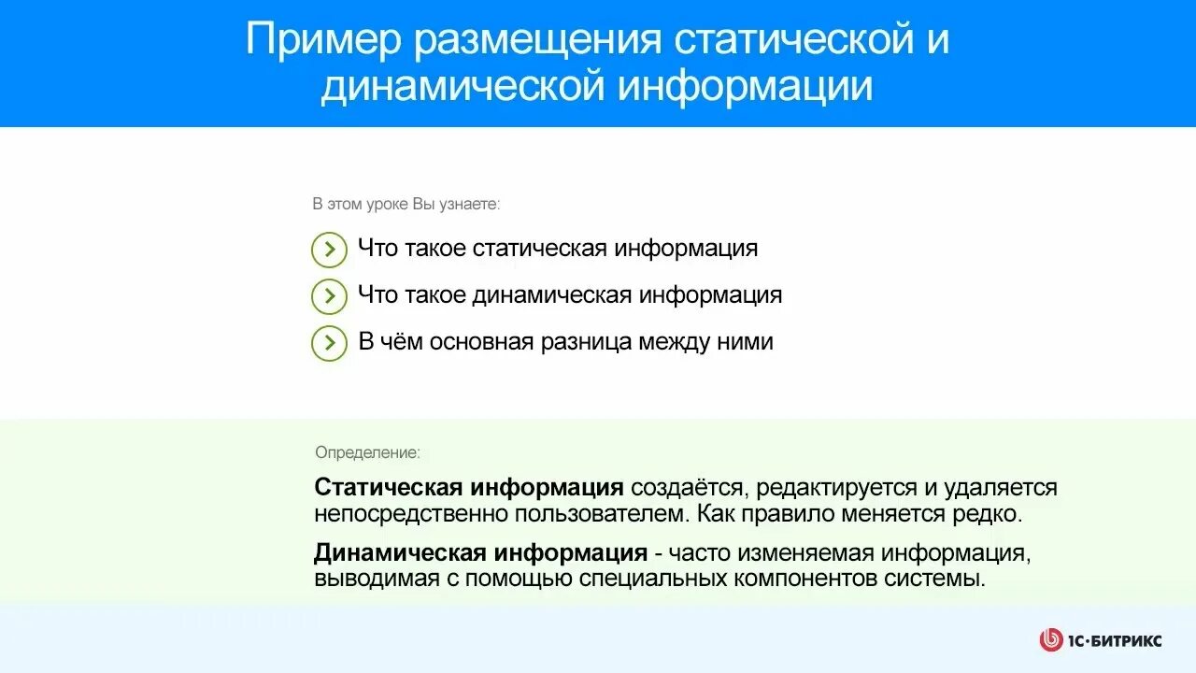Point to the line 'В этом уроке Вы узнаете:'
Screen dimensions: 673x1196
[406, 204]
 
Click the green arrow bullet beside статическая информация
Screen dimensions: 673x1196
[329, 250]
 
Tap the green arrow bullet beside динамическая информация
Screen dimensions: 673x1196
[329, 296]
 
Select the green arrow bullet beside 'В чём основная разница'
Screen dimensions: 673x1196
[329, 343]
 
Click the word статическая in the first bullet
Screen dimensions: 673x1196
[539, 249]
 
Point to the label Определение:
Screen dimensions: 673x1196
[367, 452]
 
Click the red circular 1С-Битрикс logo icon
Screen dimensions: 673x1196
[1051, 640]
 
